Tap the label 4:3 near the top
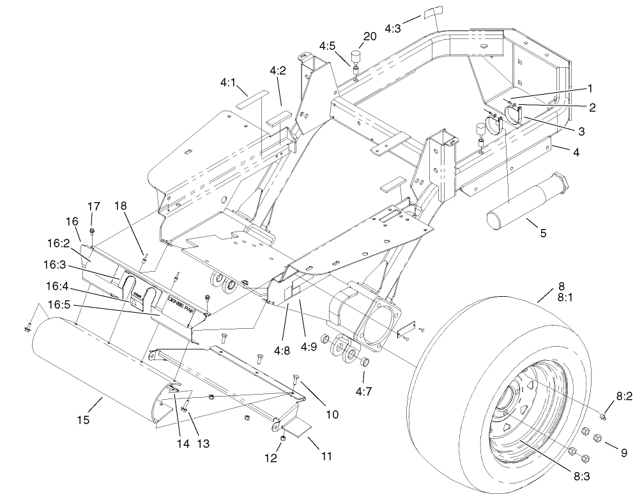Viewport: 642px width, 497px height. click(x=394, y=28)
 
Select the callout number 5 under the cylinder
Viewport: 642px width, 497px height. click(x=543, y=233)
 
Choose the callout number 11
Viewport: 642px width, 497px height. click(x=326, y=457)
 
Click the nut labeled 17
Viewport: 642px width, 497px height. click(x=93, y=230)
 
